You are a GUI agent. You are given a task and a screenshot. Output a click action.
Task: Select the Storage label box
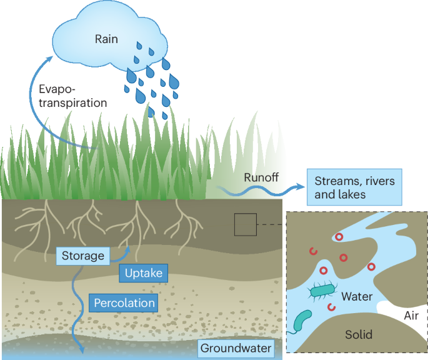[82, 255]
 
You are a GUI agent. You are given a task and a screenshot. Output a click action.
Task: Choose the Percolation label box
[124, 303]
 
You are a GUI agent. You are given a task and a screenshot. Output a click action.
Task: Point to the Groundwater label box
[236, 348]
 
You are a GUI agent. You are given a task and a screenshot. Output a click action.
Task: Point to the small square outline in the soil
[245, 224]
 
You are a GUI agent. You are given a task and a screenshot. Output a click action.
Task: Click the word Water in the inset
[357, 296]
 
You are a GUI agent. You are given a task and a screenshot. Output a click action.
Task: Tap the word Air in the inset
[411, 316]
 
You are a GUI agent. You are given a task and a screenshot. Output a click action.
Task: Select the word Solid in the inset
[359, 334]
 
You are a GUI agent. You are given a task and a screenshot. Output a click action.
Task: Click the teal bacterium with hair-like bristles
[322, 291]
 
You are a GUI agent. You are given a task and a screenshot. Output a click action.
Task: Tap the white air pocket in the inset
[400, 310]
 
